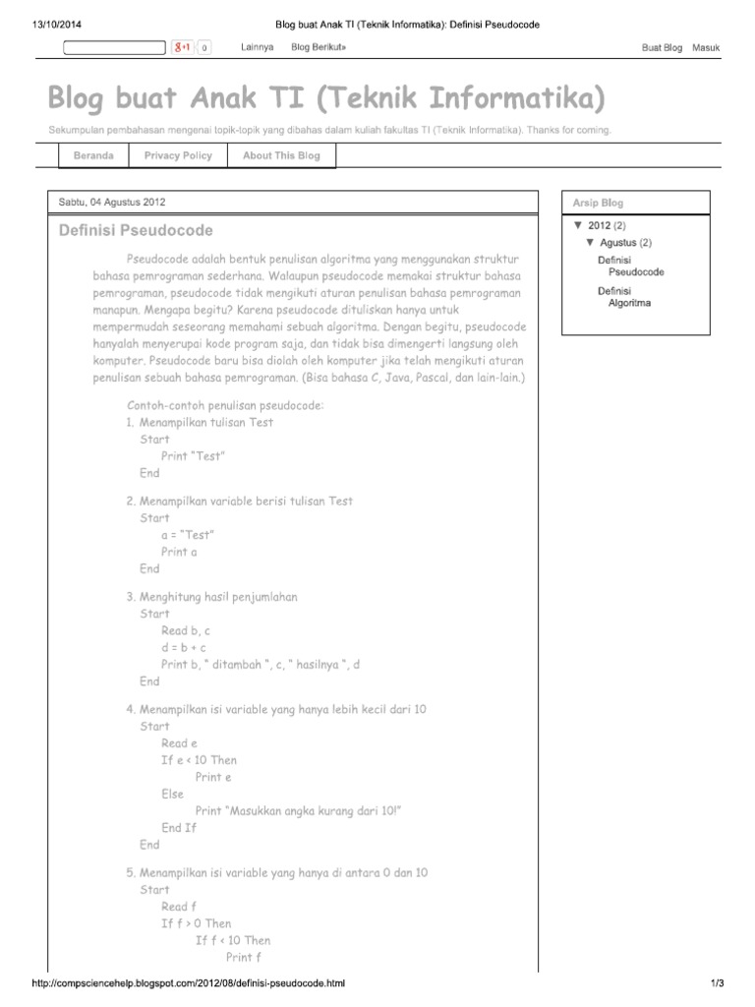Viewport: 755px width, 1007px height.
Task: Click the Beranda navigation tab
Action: pos(92,155)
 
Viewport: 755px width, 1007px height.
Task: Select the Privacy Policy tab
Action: pos(178,155)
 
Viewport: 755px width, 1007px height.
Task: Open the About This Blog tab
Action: pos(281,155)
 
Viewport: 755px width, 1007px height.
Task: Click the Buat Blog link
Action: pos(662,47)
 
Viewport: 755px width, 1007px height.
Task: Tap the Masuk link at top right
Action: pos(706,47)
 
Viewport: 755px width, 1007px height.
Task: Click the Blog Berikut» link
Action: pos(319,47)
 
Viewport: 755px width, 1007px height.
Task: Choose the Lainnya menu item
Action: pos(257,47)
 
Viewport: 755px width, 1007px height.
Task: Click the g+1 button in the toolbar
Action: pos(183,47)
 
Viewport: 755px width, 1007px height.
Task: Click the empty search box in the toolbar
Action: pos(114,47)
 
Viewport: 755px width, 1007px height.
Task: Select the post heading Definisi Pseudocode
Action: pos(136,231)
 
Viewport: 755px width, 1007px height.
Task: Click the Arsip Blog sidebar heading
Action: pos(598,204)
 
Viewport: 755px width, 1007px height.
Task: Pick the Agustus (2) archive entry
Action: pos(625,242)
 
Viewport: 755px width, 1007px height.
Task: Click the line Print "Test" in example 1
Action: pos(194,456)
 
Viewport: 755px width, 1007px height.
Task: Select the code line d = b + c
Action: pos(184,647)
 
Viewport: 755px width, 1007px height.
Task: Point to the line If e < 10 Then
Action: pos(199,760)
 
